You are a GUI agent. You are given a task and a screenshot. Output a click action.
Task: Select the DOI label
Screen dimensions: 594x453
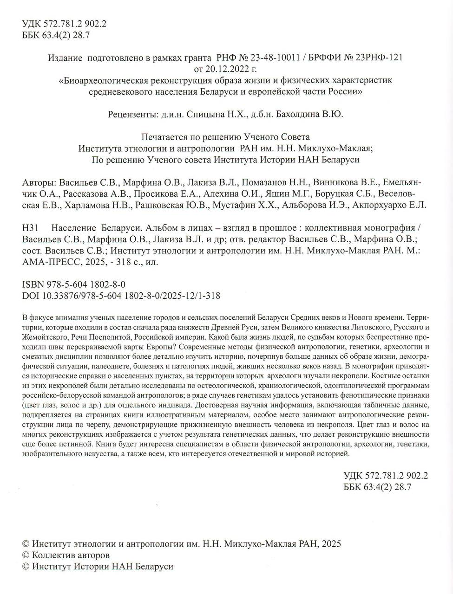click(x=30, y=296)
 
